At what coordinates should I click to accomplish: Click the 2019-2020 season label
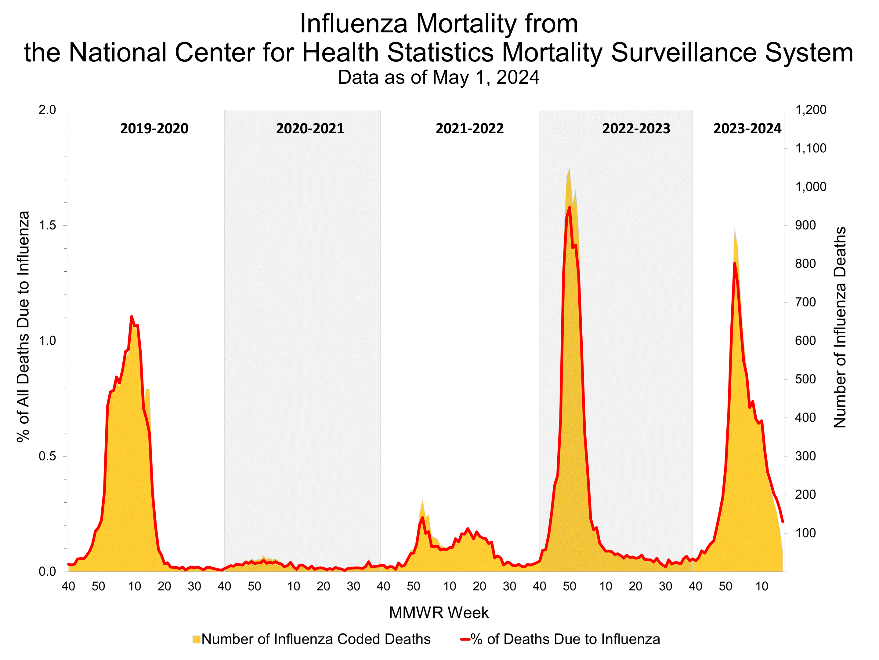pos(154,129)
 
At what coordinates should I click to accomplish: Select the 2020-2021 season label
pos(310,129)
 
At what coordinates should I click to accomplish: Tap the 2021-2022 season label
pos(469,129)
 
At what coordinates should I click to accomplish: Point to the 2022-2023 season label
pos(636,129)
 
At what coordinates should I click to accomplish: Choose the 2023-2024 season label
pos(747,129)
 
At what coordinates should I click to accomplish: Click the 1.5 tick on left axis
pos(47,225)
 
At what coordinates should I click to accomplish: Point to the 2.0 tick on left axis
pos(47,110)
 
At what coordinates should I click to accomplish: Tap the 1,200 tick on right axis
pos(810,110)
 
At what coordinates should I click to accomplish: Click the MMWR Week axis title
pos(439,613)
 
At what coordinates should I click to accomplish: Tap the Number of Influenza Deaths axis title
pos(840,327)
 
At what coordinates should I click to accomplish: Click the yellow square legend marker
pos(196,639)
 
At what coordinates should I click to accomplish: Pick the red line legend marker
pos(465,639)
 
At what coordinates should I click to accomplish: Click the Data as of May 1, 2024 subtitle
pos(438,77)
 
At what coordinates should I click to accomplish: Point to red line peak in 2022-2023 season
pos(570,207)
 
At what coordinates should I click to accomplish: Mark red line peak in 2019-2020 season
pos(132,317)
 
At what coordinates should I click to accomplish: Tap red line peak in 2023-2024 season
pos(734,263)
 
